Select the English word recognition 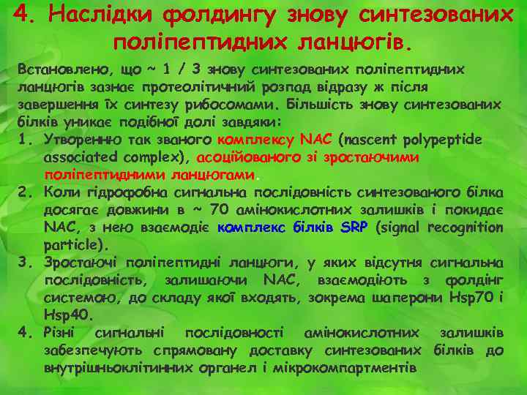(x=463, y=227)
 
